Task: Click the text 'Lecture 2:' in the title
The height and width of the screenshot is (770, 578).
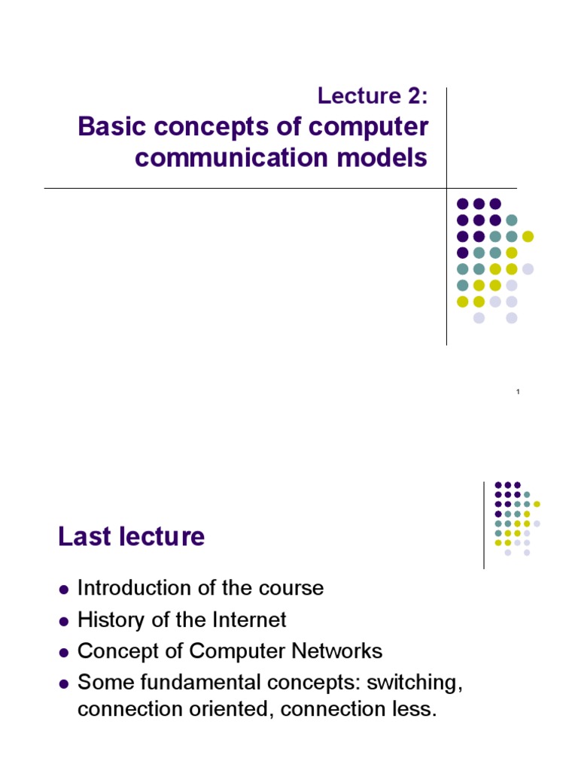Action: [372, 96]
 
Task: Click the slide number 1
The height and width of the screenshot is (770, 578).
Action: [519, 393]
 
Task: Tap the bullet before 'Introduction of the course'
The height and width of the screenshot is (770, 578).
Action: [64, 589]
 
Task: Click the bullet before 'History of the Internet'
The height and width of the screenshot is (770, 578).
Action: [64, 621]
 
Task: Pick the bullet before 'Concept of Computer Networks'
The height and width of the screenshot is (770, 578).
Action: [64, 653]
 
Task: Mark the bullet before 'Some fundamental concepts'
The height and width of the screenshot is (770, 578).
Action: [64, 684]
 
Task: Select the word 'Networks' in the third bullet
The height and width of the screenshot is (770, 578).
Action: [341, 651]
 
